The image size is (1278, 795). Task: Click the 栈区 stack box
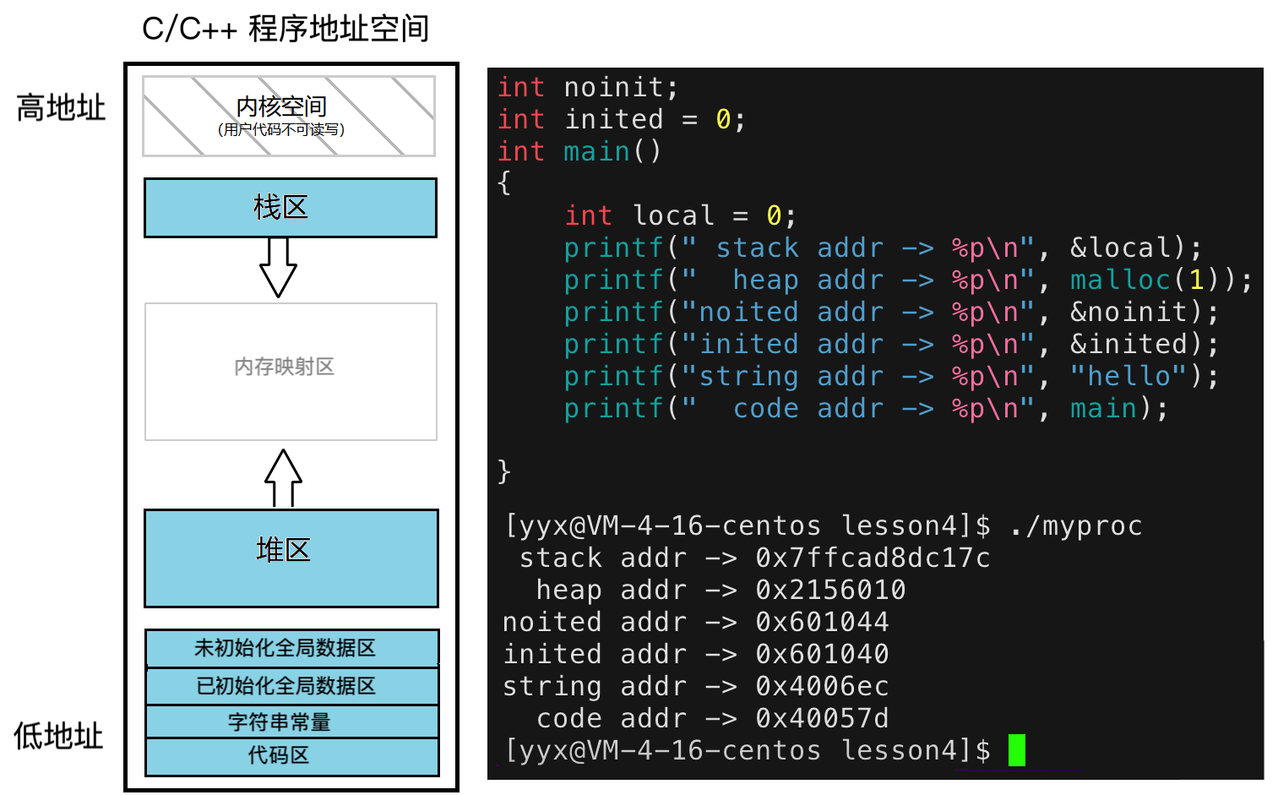point(291,207)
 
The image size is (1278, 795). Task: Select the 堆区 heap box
point(291,558)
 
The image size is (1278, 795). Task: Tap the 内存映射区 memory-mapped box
point(291,371)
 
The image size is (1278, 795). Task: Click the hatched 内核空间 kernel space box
point(289,116)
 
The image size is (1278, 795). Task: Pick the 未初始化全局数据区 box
point(291,648)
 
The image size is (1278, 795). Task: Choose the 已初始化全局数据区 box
point(291,685)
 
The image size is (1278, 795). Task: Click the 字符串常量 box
point(291,721)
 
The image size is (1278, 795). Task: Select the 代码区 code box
point(291,756)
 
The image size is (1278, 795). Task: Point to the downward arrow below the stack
point(278,267)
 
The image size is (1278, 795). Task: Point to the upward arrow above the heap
point(283,477)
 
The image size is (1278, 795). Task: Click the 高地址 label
point(61,108)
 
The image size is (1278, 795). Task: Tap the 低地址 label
point(58,736)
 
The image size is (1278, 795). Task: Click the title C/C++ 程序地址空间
point(286,29)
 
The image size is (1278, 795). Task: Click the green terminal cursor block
point(1016,750)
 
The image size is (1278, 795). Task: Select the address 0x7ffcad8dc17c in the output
point(873,558)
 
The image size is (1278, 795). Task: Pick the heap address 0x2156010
point(830,590)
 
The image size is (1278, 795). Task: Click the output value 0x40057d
point(822,718)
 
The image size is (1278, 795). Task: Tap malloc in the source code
point(1120,280)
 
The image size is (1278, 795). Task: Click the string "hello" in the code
point(1128,376)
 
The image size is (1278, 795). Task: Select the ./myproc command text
point(1075,526)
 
